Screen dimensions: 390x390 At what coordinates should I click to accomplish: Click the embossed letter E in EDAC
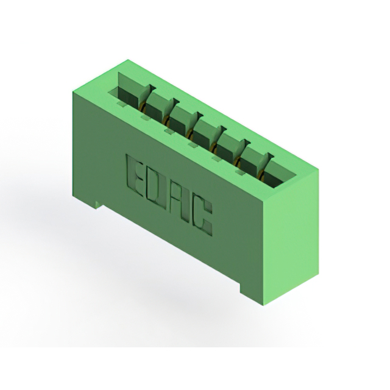135,175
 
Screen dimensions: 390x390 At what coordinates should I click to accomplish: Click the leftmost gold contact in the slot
142,107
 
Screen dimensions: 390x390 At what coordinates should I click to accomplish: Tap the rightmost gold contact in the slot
261,175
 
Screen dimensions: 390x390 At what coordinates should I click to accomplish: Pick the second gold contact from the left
165,120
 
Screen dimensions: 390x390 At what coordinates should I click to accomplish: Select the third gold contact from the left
190,134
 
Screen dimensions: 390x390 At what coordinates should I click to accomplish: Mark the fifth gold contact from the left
237,162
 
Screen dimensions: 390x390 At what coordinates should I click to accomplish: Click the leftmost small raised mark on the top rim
122,104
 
